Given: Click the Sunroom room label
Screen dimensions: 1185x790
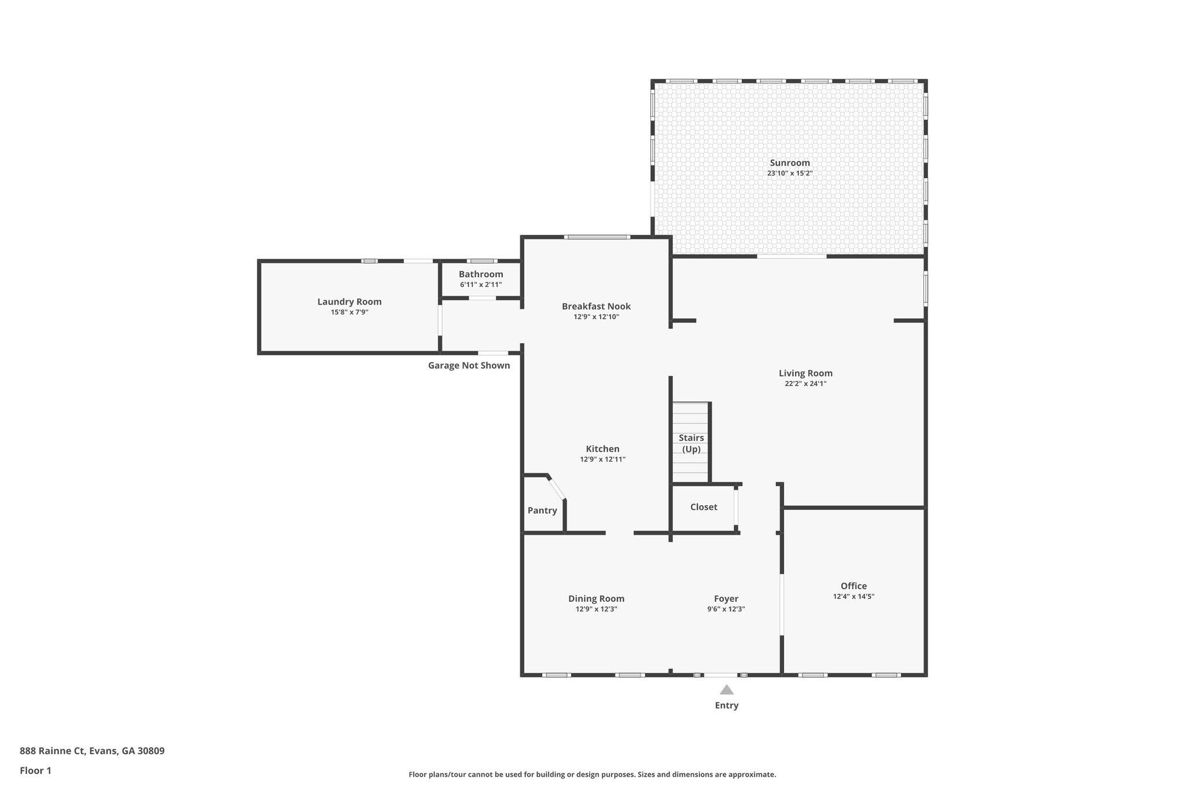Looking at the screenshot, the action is pyautogui.click(x=790, y=163).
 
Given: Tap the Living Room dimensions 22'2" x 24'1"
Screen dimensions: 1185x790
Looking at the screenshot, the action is pyautogui.click(x=805, y=383).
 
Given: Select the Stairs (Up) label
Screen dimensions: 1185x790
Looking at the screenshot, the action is pyautogui.click(x=691, y=443).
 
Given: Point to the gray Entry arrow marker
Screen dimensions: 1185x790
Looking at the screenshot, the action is pyautogui.click(x=727, y=689).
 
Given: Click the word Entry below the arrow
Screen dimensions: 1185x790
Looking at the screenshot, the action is pyautogui.click(x=727, y=706).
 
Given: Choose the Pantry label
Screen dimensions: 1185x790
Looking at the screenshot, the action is pyautogui.click(x=542, y=510).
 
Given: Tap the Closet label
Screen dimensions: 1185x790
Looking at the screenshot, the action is pyautogui.click(x=704, y=507).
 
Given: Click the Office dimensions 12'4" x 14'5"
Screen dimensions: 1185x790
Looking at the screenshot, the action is pyautogui.click(x=853, y=596).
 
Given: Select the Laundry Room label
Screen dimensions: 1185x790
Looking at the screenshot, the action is pyautogui.click(x=349, y=302).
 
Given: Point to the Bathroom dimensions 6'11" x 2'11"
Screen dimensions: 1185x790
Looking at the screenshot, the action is pyautogui.click(x=481, y=285).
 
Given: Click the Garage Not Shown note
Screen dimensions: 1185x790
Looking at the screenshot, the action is pyautogui.click(x=469, y=365).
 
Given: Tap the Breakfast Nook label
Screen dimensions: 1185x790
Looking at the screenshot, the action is pyautogui.click(x=597, y=306).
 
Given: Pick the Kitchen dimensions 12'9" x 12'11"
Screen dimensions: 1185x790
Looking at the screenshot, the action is pyautogui.click(x=603, y=459).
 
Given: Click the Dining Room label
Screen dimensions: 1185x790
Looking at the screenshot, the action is pyautogui.click(x=597, y=598).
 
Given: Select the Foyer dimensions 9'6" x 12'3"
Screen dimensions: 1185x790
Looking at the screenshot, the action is pyautogui.click(x=726, y=609).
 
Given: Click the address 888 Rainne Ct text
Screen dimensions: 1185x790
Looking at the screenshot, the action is pyautogui.click(x=53, y=751).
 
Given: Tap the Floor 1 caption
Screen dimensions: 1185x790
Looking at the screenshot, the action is pyautogui.click(x=36, y=770).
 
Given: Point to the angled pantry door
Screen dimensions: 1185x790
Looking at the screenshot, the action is pyautogui.click(x=557, y=488).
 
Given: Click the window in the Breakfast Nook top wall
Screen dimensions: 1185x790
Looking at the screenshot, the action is pyautogui.click(x=597, y=237).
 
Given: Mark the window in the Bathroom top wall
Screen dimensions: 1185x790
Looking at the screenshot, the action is pyautogui.click(x=481, y=261).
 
